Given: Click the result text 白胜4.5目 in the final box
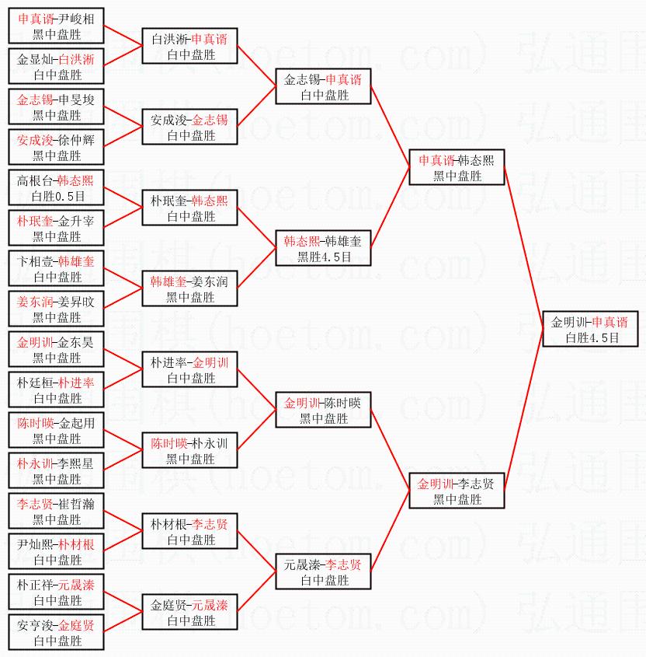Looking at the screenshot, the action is coord(592,337).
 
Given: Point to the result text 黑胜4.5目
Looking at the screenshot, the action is coord(325,257).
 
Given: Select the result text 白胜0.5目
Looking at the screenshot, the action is coord(58,196).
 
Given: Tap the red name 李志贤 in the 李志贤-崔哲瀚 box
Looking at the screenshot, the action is coord(35,504).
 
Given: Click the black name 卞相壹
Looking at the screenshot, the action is coord(35,261).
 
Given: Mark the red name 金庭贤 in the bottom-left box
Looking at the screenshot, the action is coord(76,625).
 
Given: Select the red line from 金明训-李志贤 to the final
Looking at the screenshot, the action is coord(524,410).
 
